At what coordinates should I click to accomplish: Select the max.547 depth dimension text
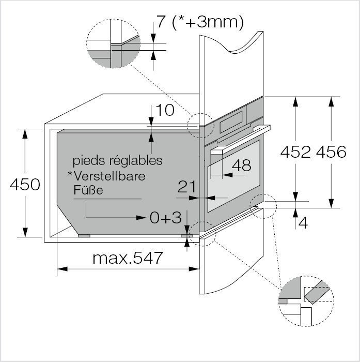[128, 257]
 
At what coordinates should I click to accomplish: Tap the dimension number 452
[295, 152]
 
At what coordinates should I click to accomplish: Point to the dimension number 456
[331, 152]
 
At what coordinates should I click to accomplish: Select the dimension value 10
[166, 111]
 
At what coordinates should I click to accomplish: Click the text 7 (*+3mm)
[199, 23]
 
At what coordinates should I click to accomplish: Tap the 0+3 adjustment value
[166, 217]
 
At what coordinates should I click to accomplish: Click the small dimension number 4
[303, 223]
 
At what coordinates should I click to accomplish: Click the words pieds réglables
[117, 160]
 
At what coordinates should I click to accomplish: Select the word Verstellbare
[109, 176]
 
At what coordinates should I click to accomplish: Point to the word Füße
[88, 190]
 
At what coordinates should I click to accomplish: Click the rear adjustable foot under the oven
[84, 235]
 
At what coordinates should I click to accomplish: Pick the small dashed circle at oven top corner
[200, 125]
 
